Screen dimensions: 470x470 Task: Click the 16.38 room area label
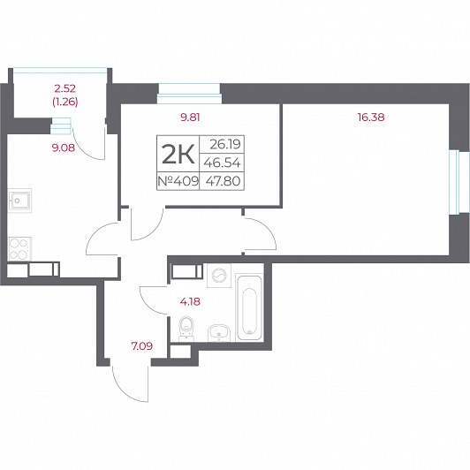tap(371, 117)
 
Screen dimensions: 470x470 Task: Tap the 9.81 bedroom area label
tap(190, 117)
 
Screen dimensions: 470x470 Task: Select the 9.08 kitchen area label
tap(64, 148)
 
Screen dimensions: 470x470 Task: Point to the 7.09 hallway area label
tap(142, 346)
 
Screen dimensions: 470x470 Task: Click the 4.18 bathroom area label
tap(190, 301)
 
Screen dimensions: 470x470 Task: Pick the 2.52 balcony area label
tap(64, 88)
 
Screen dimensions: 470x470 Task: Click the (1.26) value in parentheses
tap(65, 102)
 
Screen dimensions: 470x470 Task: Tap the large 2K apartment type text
tap(178, 154)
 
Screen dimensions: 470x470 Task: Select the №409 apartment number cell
tap(178, 181)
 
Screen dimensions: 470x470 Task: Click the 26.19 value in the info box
tap(224, 145)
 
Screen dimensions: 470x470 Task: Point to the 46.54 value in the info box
tap(222, 163)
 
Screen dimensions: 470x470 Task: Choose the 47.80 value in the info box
tap(223, 181)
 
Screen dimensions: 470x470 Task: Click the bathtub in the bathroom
tap(250, 307)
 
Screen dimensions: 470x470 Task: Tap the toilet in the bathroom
tap(186, 329)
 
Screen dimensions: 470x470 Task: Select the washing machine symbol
tap(219, 276)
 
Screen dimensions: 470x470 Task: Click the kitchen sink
tap(19, 201)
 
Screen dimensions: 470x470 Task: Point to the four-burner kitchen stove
tap(19, 249)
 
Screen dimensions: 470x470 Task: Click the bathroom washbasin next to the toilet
tap(219, 333)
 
